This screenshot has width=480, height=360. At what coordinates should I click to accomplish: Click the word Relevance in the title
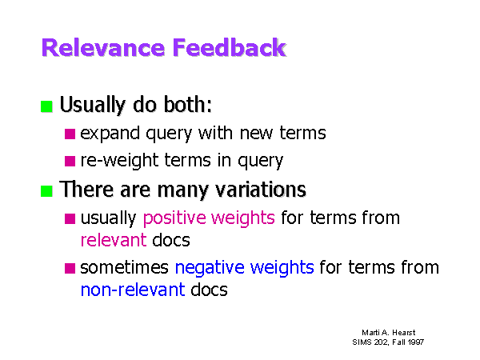(x=103, y=48)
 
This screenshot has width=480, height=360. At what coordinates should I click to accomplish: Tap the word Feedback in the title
(x=230, y=47)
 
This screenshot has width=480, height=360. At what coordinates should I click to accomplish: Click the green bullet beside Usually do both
(x=46, y=106)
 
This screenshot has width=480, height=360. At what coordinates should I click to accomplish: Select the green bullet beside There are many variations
(x=46, y=191)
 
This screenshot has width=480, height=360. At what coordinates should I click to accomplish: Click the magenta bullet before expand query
(x=70, y=134)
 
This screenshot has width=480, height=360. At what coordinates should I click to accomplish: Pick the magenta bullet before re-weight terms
(x=70, y=161)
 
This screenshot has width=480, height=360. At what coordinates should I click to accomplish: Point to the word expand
(x=110, y=134)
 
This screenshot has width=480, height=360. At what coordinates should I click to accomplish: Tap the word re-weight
(x=120, y=161)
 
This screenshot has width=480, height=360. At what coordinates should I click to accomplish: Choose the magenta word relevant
(x=114, y=240)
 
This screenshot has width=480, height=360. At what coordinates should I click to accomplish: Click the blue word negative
(x=210, y=267)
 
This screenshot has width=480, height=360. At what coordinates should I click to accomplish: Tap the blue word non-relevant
(x=133, y=290)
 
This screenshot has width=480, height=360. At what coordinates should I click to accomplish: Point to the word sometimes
(x=124, y=267)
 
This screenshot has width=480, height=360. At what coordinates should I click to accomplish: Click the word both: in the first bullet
(x=188, y=104)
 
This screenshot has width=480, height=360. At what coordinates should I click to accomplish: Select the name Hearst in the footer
(x=404, y=333)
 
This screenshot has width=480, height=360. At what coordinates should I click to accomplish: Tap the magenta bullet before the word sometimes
(x=70, y=268)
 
